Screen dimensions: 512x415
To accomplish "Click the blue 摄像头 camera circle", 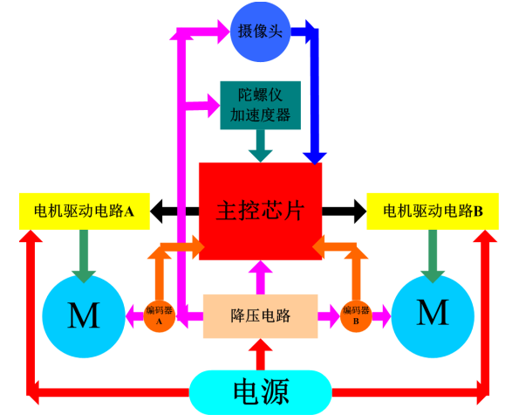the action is point(260,31).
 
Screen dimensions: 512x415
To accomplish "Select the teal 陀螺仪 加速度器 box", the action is point(260,106).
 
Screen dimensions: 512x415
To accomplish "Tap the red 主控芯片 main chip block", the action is point(260,211).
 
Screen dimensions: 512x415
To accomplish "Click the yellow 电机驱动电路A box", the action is point(85,211).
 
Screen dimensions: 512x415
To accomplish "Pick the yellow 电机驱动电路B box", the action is point(433,211).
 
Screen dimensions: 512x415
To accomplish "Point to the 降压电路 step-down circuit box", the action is point(260,316).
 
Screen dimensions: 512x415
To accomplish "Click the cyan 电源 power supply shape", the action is point(260,392).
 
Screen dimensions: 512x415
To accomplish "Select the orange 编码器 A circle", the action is point(160,316).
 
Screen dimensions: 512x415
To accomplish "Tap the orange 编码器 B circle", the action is point(356,316).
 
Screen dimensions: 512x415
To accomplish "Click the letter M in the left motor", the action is point(84,315).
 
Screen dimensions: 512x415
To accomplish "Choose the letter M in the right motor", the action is point(433,313).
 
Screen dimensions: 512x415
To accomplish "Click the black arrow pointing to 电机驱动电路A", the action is point(174,211).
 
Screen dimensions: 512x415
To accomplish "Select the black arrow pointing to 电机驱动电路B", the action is point(345,211).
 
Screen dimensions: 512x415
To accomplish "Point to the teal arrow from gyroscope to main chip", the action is point(260,146).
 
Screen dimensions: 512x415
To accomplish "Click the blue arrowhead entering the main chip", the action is point(315,158).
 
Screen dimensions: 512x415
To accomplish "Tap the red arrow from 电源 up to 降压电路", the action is point(260,354).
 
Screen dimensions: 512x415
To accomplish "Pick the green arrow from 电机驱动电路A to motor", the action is point(84,256).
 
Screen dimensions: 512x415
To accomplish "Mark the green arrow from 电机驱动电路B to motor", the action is point(433,256).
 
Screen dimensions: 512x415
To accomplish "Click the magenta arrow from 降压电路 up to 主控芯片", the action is point(260,277).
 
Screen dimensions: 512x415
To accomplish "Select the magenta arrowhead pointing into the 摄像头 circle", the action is point(224,31).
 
